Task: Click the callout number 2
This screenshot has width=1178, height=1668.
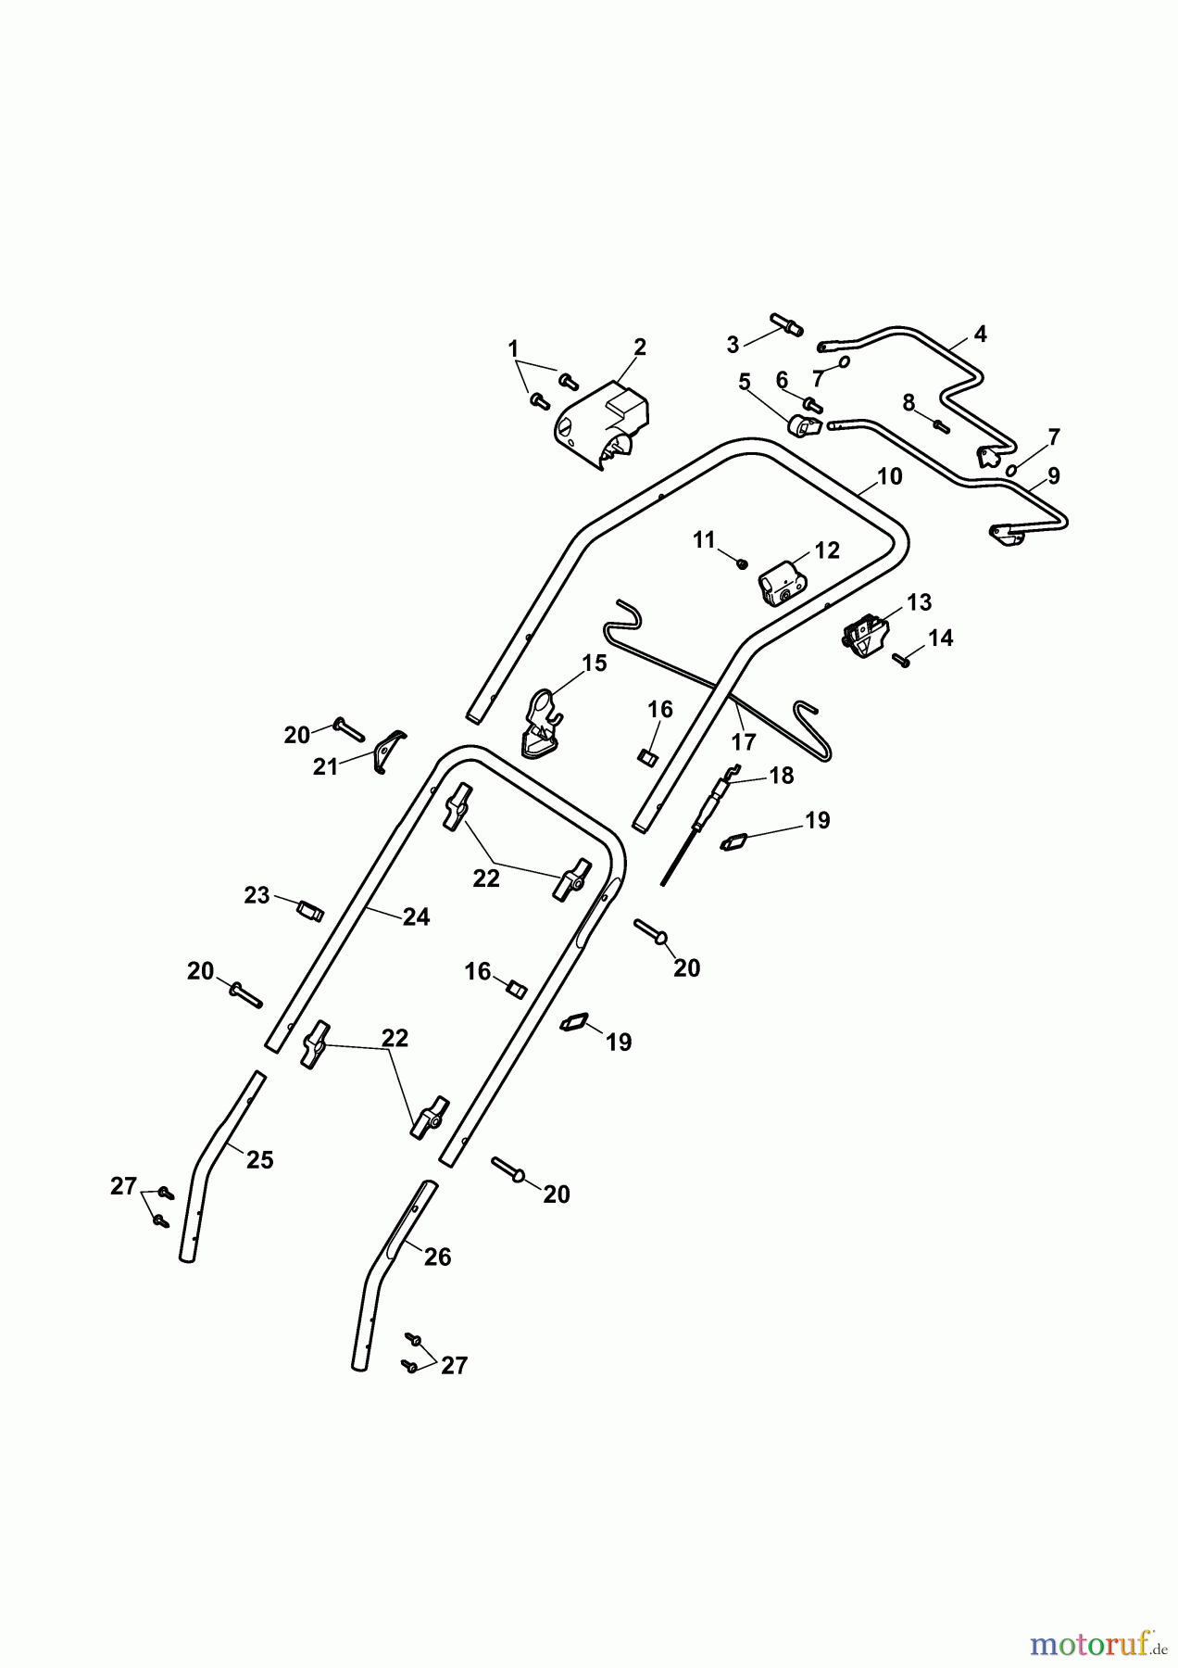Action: tap(640, 347)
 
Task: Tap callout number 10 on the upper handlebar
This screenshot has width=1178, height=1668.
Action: tap(889, 476)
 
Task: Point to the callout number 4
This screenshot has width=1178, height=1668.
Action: tap(980, 334)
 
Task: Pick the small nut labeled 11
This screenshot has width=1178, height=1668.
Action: tap(742, 562)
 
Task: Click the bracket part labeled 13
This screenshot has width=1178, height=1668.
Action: tap(866, 637)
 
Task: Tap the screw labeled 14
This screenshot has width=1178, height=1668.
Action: tap(902, 659)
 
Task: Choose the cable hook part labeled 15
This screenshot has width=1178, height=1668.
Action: tap(543, 720)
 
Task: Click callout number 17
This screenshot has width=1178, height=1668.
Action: tap(744, 741)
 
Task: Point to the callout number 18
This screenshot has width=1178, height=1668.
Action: tap(783, 776)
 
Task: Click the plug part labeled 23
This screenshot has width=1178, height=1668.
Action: tap(309, 911)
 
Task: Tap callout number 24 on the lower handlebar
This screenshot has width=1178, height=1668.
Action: tap(417, 916)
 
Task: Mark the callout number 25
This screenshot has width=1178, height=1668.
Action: tap(260, 1159)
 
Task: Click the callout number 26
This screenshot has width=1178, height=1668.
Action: tap(437, 1257)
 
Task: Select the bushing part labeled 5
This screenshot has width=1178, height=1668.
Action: tap(804, 427)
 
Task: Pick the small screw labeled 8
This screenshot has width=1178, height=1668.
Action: tap(940, 425)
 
